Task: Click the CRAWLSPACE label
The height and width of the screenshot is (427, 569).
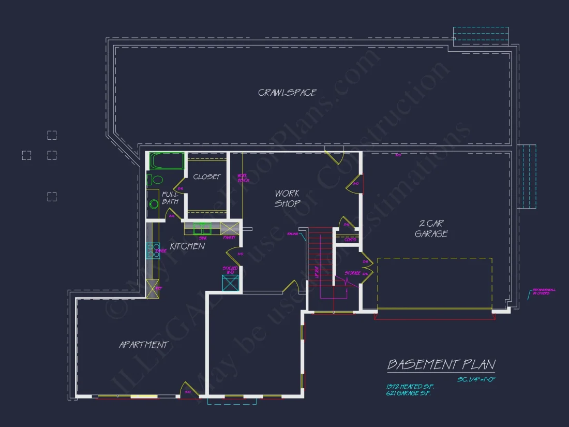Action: pos(287,93)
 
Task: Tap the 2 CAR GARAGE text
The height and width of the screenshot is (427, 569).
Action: pos(431,228)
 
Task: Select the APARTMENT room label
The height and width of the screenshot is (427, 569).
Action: pos(144,345)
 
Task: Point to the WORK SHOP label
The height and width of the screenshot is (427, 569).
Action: pos(287,198)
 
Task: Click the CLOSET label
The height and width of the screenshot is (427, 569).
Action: pos(206,177)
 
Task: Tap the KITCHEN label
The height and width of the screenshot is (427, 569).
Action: pos(187,246)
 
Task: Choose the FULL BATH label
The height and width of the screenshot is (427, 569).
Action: pos(170,198)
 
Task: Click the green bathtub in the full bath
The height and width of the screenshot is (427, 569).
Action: pos(167,161)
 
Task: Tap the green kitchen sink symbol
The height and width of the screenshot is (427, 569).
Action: pos(202,228)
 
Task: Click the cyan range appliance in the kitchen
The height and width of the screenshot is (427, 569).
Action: pos(153,251)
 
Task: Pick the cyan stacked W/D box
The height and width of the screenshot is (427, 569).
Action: pos(231,283)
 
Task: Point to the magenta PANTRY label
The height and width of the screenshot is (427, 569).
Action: pos(229,238)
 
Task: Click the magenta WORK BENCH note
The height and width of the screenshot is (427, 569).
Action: pos(243,178)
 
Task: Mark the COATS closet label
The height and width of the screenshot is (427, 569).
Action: pos(350,240)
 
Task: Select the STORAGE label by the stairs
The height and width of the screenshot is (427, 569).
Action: pos(352,273)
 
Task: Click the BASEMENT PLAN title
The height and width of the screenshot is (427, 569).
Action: pos(441,364)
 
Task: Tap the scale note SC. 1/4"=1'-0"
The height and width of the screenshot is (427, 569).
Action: pos(476,379)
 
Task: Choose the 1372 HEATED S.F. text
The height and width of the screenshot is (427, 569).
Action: pos(410,387)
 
